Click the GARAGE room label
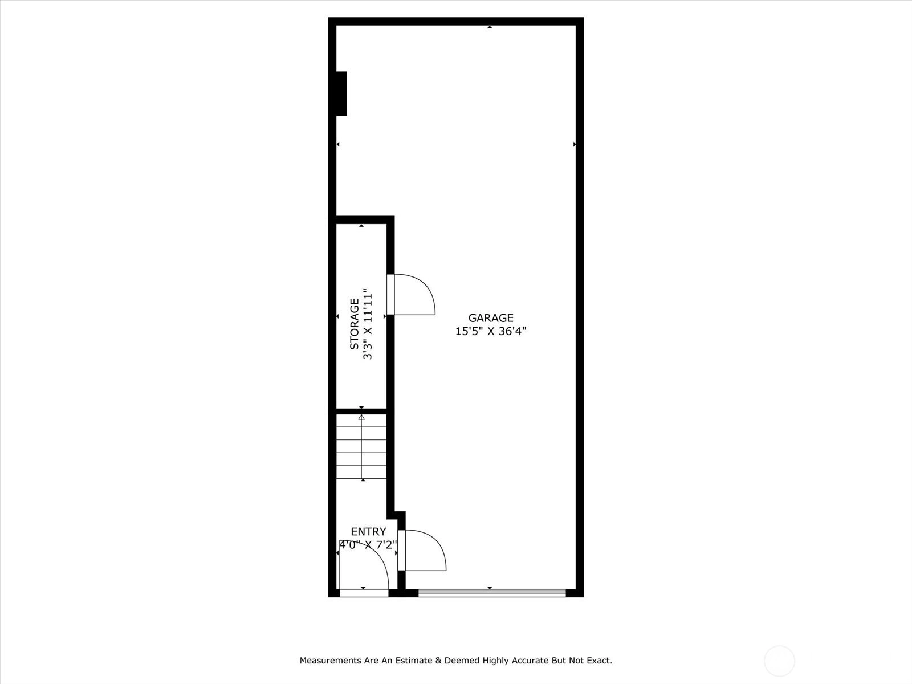[x=491, y=317]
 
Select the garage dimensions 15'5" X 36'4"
[x=491, y=331]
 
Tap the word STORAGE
[x=355, y=324]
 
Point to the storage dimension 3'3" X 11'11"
[x=367, y=324]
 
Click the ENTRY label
[x=369, y=532]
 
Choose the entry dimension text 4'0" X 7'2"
[x=369, y=544]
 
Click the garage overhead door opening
[x=492, y=593]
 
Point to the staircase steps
[x=361, y=446]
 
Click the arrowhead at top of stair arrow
[x=361, y=417]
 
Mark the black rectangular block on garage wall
[x=341, y=93]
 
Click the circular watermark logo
[x=779, y=661]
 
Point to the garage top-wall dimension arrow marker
[x=490, y=27]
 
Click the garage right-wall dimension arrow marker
[x=575, y=144]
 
